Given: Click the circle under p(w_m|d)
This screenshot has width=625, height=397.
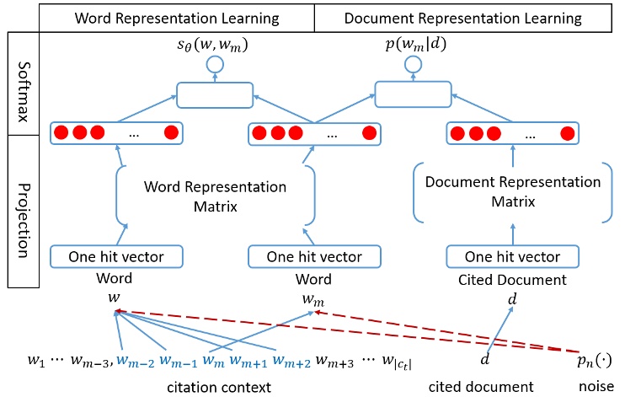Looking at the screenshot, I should click(x=413, y=63).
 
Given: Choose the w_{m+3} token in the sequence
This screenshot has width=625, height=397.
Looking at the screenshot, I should click(x=335, y=362).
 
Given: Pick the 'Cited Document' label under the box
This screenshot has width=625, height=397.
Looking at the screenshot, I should click(x=511, y=277).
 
